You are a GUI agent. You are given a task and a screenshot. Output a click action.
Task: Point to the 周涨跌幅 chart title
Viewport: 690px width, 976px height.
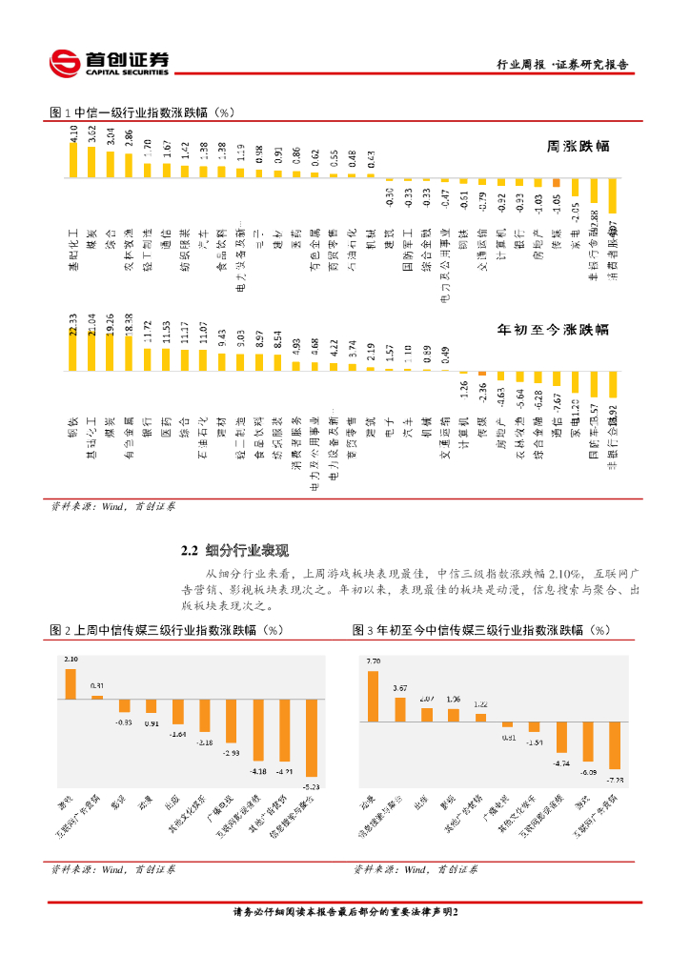tap(578, 148)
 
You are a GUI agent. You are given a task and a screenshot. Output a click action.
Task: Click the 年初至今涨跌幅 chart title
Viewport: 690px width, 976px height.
tap(553, 330)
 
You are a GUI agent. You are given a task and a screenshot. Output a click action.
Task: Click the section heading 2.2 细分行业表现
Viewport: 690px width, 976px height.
tap(234, 550)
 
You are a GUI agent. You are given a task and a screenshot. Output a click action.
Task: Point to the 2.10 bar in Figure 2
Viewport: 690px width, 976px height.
tap(71, 684)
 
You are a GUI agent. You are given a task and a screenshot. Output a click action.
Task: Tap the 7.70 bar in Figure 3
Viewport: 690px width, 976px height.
tap(373, 695)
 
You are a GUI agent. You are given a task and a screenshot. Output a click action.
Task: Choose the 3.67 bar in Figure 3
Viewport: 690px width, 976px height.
tap(399, 708)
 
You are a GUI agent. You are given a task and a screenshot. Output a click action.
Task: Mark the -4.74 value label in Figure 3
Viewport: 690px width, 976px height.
tap(561, 762)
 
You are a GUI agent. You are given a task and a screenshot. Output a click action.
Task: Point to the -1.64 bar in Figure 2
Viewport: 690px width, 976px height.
tap(177, 712)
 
